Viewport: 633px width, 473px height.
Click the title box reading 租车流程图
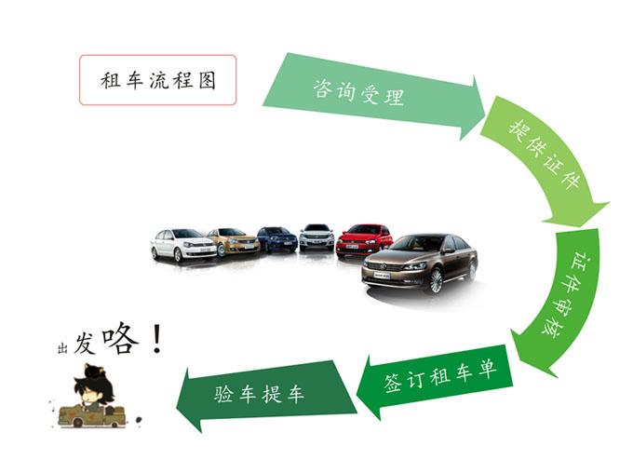click(x=158, y=80)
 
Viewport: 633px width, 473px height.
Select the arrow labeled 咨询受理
click(x=373, y=95)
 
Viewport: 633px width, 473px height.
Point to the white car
click(x=182, y=244)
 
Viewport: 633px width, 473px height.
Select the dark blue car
click(x=277, y=239)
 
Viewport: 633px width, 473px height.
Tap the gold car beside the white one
click(x=235, y=242)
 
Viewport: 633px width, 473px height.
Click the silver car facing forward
click(x=316, y=237)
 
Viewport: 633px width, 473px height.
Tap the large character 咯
click(x=120, y=339)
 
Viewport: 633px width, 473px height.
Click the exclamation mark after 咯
click(x=157, y=339)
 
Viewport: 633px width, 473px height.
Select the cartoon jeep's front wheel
click(x=77, y=423)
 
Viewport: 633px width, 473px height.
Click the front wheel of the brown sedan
click(x=436, y=281)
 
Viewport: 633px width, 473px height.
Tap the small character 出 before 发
click(x=62, y=348)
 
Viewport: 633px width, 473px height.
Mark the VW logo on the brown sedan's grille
click(x=384, y=266)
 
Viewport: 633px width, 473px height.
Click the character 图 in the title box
click(x=207, y=80)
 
